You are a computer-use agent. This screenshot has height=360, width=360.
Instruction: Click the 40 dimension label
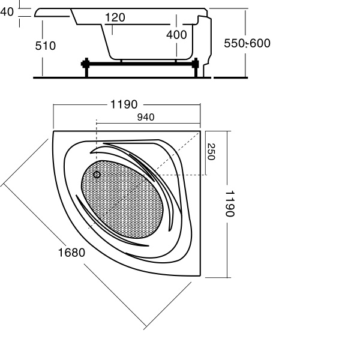pos(7,13)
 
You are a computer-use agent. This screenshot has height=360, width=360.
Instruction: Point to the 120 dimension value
pos(115,17)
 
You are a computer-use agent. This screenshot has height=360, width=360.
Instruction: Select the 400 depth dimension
pos(176,35)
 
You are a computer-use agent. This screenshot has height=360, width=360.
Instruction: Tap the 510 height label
pos(46,46)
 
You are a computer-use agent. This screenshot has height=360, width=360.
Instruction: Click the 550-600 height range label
pos(247,43)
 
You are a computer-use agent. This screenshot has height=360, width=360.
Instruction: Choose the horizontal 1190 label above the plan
pos(124,104)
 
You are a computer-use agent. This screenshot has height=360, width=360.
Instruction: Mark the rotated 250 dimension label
pos(211,152)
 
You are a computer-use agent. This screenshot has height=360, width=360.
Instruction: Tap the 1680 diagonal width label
pos(71,253)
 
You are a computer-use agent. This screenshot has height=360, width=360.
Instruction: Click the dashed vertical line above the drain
pos(96,144)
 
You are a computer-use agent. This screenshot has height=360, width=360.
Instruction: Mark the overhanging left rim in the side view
pos(54,12)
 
